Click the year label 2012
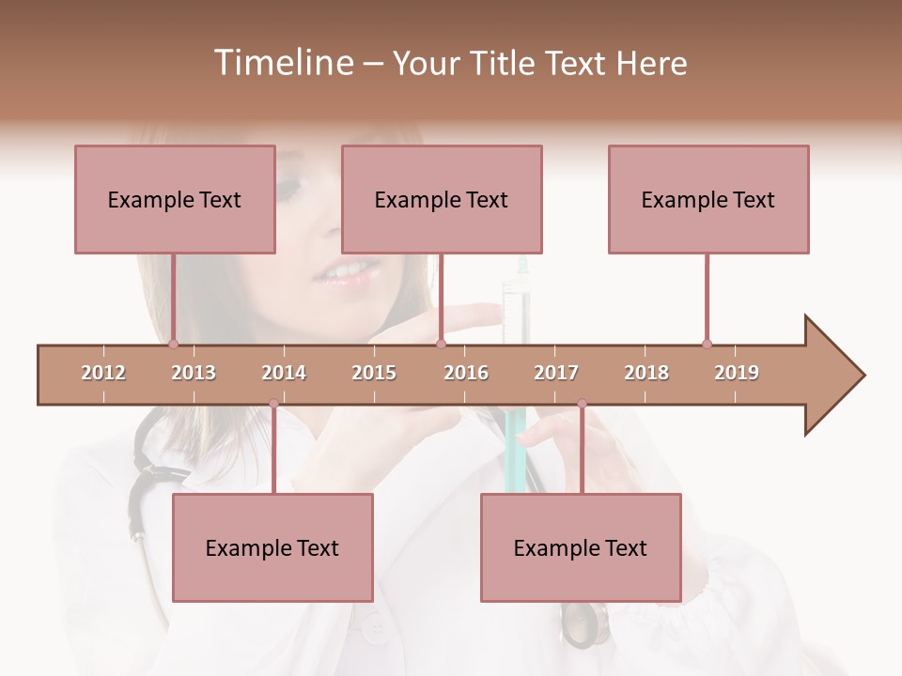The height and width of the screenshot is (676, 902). point(103,373)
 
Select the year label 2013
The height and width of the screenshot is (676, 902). point(194,373)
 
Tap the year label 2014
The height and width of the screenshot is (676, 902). point(284,373)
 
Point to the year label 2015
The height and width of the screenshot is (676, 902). point(374,373)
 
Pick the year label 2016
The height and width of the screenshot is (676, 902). point(466,373)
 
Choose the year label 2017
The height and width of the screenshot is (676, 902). point(556,373)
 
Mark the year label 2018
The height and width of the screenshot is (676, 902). point(646,373)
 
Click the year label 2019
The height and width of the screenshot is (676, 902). point(737,373)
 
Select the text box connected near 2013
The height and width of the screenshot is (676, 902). point(175,199)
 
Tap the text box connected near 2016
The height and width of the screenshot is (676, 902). point(442,199)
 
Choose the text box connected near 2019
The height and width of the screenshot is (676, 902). point(708,199)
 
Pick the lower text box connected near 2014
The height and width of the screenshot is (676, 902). point(272,547)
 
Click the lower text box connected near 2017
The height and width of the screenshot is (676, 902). point(581,547)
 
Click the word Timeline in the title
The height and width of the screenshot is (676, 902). point(282,63)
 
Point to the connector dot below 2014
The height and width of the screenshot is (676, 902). point(273,404)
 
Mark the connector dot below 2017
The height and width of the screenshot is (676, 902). point(582,404)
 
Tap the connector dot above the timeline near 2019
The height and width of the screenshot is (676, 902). point(707,344)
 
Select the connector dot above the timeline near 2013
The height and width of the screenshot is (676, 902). point(173,344)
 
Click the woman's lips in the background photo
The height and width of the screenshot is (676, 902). point(346,272)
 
